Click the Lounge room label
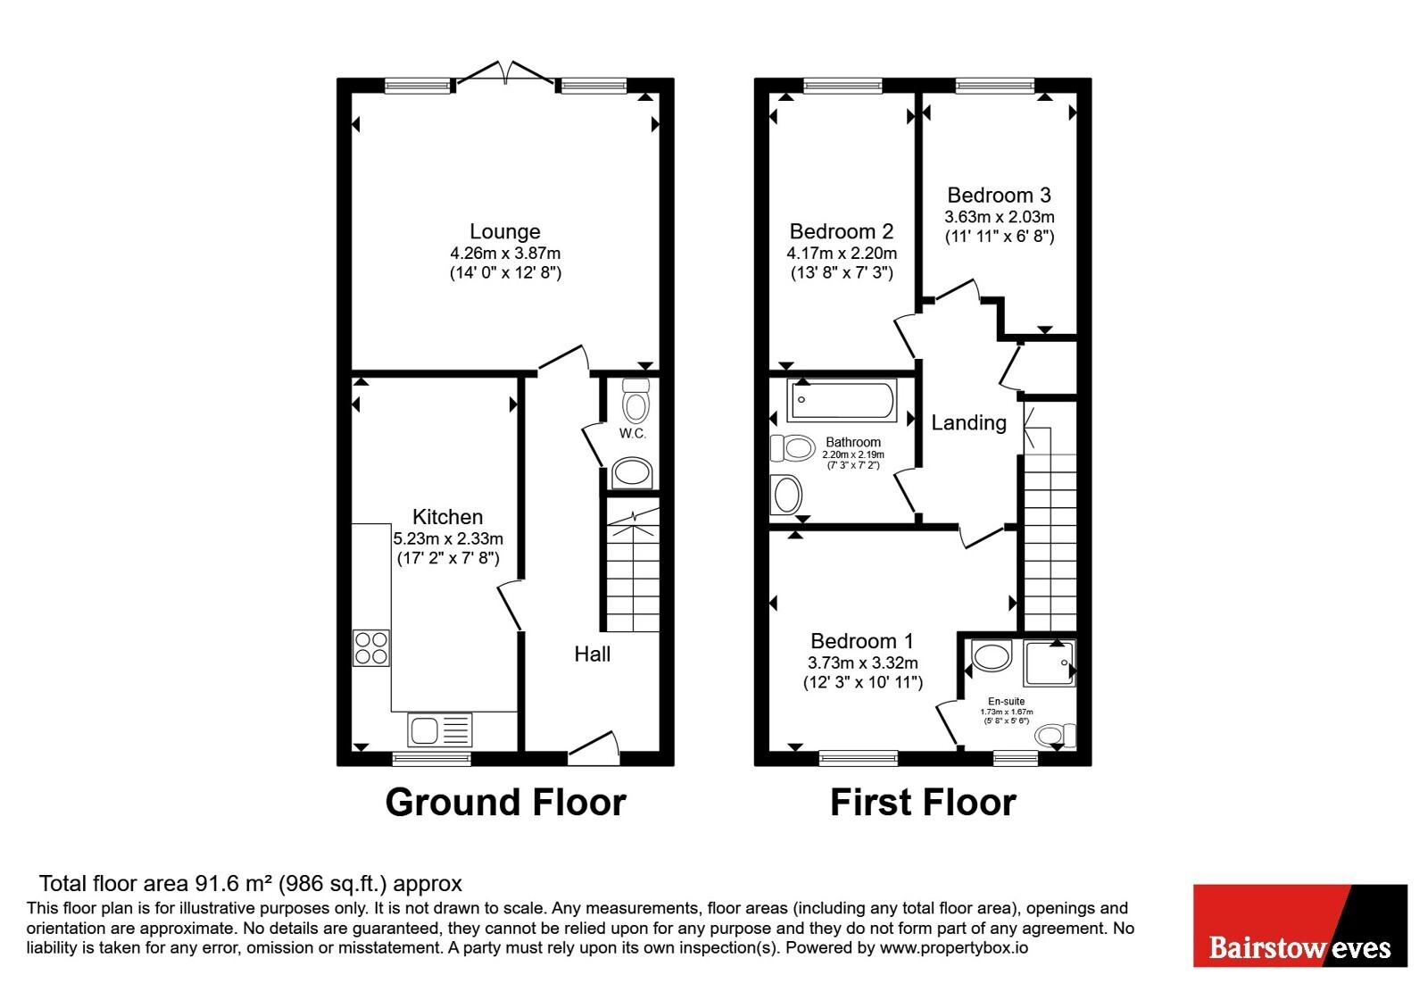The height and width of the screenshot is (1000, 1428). click(x=505, y=231)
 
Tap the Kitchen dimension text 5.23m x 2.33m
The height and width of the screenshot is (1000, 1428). click(x=448, y=538)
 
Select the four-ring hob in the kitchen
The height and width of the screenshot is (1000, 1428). click(x=371, y=648)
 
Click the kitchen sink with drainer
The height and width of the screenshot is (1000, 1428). click(x=440, y=729)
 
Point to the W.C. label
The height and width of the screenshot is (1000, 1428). click(x=633, y=434)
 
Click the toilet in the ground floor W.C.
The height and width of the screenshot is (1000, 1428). click(x=635, y=401)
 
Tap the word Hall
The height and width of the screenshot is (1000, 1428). click(x=593, y=654)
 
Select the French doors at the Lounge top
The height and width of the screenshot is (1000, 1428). click(x=505, y=73)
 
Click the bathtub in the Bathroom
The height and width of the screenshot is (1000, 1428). click(x=843, y=401)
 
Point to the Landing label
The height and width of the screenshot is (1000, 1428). click(x=969, y=422)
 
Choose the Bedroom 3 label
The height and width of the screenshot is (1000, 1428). click(x=999, y=195)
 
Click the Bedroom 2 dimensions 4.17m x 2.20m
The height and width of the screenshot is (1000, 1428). click(x=842, y=254)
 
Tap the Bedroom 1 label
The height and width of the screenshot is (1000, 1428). click(x=862, y=640)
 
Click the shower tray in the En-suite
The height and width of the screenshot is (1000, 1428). click(x=1050, y=663)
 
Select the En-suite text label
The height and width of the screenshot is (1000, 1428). click(x=1007, y=701)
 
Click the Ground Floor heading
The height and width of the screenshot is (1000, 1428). click(x=505, y=803)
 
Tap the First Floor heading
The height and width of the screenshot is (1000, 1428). click(x=923, y=803)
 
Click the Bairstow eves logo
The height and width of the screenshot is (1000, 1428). click(x=1300, y=925)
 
